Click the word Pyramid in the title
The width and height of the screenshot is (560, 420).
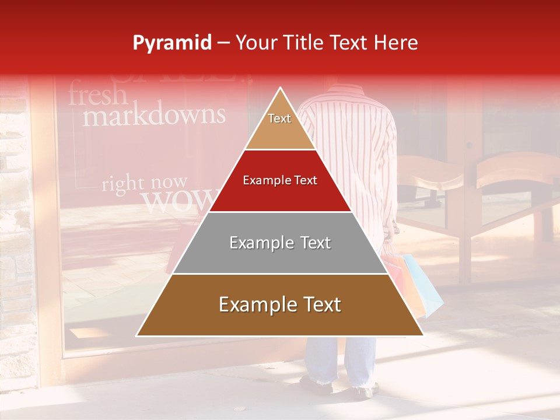(171, 43)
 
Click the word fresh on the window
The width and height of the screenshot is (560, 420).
(97, 94)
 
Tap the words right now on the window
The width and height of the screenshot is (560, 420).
(145, 184)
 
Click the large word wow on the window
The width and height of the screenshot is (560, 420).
(178, 201)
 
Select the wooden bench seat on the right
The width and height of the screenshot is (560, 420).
(513, 169)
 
